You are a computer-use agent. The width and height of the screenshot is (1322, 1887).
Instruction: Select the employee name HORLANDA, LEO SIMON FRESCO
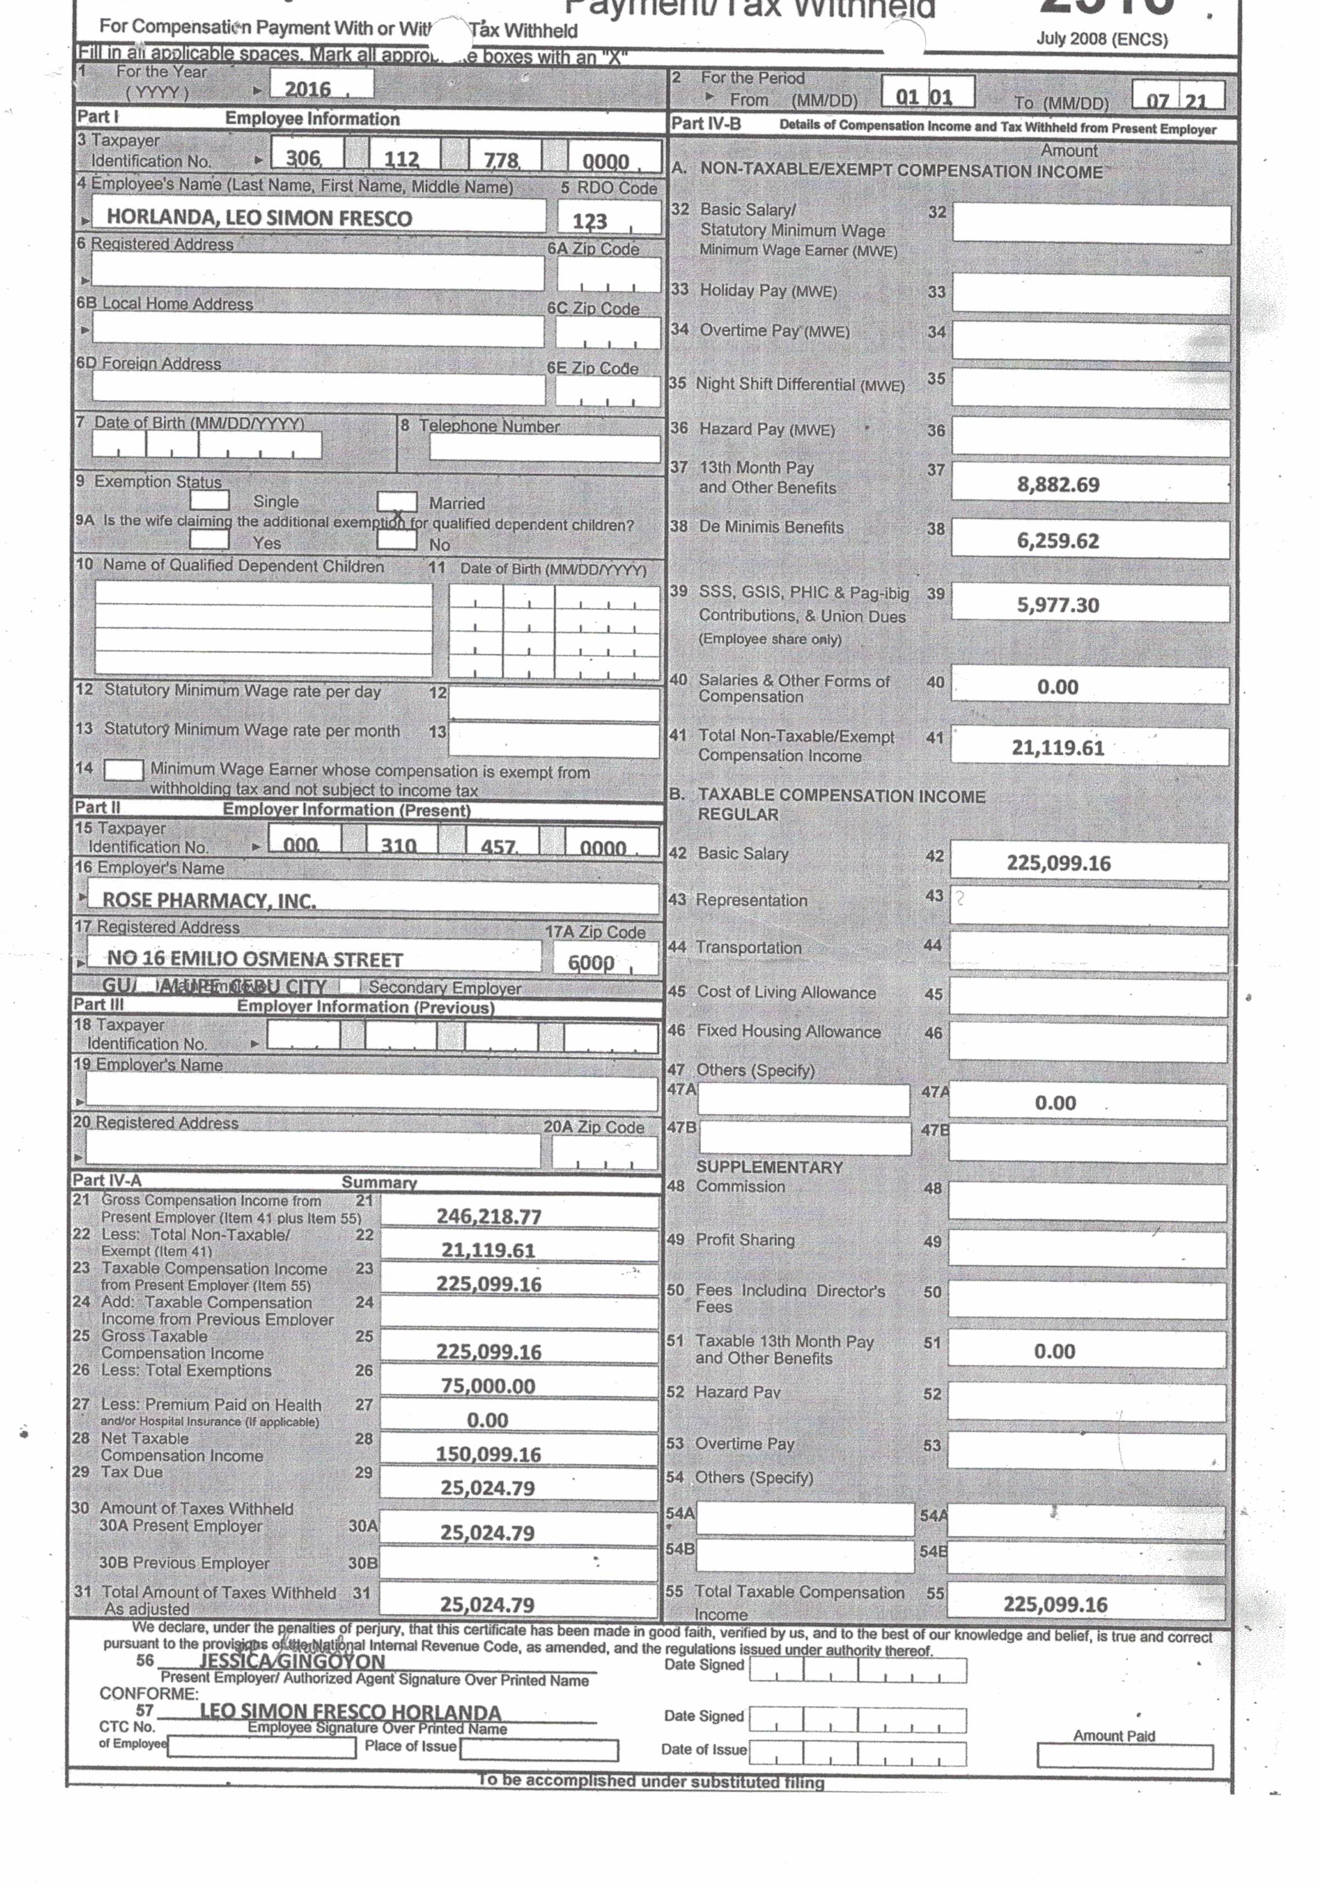tap(259, 218)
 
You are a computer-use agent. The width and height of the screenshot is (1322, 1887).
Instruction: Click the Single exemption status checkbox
tap(209, 500)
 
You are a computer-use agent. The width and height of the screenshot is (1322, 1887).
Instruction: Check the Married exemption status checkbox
tap(396, 501)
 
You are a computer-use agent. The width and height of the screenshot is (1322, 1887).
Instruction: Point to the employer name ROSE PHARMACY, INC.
tap(209, 900)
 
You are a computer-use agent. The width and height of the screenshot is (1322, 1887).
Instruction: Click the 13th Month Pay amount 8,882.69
tap(1057, 484)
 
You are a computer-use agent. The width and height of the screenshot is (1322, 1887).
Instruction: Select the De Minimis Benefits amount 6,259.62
tap(1057, 540)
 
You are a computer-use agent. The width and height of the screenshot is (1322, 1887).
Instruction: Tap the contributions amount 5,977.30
tap(1057, 605)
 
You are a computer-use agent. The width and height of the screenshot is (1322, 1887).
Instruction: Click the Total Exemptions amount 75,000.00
tap(488, 1386)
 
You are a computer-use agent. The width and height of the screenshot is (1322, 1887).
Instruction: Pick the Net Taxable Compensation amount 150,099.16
tap(488, 1454)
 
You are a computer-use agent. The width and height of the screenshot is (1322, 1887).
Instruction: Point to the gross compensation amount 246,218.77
tap(489, 1216)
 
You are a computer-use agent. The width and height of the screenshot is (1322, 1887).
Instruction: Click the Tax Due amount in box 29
tap(487, 1487)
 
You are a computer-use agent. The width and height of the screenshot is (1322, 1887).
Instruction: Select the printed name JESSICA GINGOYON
tap(292, 1661)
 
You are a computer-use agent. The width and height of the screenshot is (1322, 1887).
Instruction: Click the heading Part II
tap(97, 807)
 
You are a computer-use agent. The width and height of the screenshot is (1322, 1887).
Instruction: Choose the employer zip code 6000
tap(590, 961)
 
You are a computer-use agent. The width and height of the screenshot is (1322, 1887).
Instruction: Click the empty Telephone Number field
tap(544, 448)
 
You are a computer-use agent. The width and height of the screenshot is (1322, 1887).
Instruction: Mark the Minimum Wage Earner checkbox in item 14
tap(123, 770)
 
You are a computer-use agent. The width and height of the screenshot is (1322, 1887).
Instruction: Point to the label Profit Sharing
tap(744, 1239)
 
